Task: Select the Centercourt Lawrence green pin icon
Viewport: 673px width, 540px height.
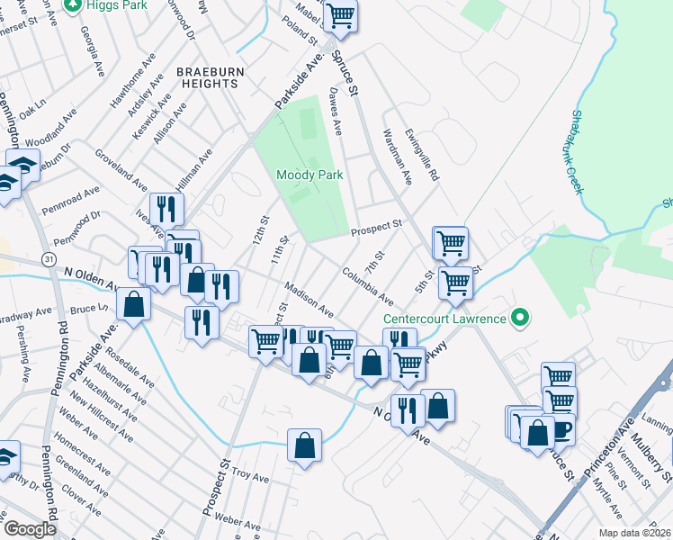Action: tap(519, 318)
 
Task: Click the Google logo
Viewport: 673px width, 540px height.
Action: tap(30, 529)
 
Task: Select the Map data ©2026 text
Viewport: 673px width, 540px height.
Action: tap(633, 533)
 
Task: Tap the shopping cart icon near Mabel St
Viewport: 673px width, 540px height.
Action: tap(340, 14)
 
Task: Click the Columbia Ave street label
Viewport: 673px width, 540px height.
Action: tap(367, 284)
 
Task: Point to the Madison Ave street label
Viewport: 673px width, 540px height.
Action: tap(309, 300)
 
